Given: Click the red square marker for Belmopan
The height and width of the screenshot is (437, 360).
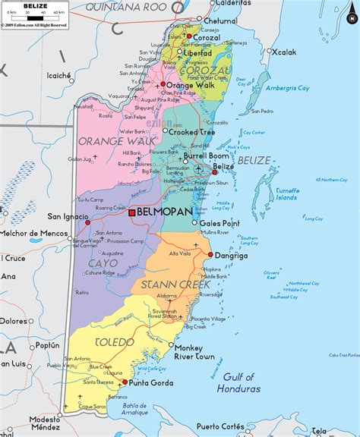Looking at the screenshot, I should [131, 213].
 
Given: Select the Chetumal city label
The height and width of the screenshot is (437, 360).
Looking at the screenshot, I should [223, 20].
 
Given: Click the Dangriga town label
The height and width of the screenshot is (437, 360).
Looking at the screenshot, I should [233, 256].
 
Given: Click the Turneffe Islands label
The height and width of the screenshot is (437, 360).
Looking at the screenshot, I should [286, 193].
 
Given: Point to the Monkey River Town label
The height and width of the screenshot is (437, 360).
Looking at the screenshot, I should [194, 351].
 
